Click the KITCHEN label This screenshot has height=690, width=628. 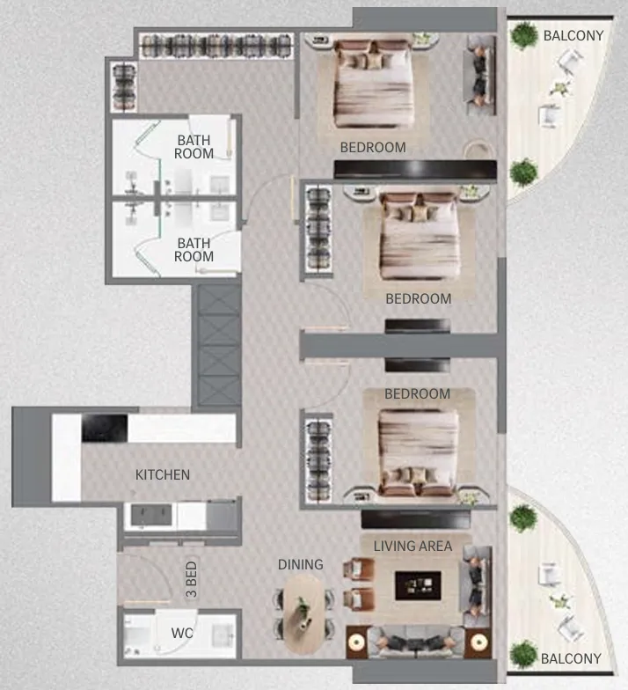pyautogui.click(x=163, y=475)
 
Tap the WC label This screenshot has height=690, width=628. pyautogui.click(x=182, y=633)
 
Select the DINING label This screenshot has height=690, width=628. pyautogui.click(x=301, y=565)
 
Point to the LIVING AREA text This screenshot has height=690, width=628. pyautogui.click(x=413, y=546)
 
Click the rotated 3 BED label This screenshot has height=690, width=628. pyautogui.click(x=192, y=579)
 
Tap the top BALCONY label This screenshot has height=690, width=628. pyautogui.click(x=573, y=35)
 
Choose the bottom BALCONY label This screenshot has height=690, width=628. pyautogui.click(x=571, y=658)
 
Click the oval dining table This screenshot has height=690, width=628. pyautogui.click(x=303, y=614)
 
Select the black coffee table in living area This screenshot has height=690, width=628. pyautogui.click(x=418, y=585)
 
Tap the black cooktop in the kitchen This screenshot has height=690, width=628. pyautogui.click(x=105, y=428)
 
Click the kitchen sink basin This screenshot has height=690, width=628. pyautogui.click(x=151, y=515)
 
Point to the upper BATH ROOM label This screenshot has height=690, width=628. pyautogui.click(x=194, y=147)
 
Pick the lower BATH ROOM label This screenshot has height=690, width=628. pyautogui.click(x=194, y=250)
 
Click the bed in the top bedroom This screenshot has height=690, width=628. pyautogui.click(x=373, y=84)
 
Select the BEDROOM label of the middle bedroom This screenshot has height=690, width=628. pyautogui.click(x=419, y=299)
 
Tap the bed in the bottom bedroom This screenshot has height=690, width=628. pyautogui.click(x=418, y=453)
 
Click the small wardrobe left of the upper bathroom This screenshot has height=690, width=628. pyautogui.click(x=125, y=86)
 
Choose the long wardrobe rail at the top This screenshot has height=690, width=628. pyautogui.click(x=216, y=46)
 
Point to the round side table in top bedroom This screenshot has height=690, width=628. pyautogui.click(x=478, y=150)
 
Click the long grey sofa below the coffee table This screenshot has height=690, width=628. pyautogui.click(x=415, y=642)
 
